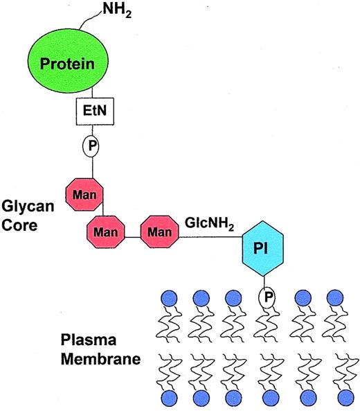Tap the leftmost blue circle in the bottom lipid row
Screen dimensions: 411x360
(x=168, y=398)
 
